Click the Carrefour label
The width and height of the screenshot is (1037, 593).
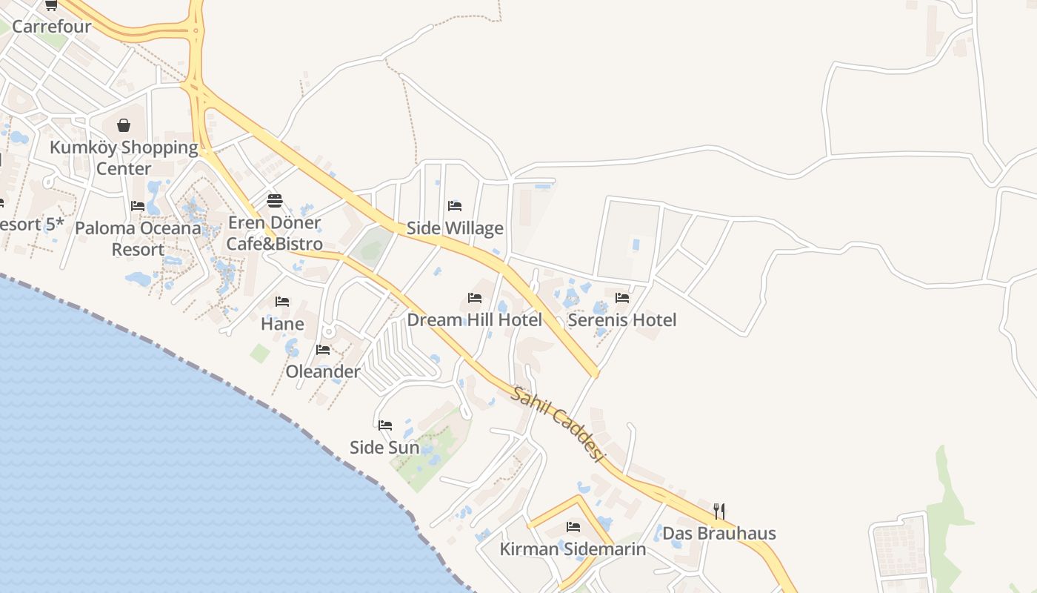coord(52,27)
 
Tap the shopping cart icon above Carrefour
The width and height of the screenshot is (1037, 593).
coord(51,5)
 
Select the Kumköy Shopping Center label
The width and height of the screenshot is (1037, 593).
coord(124,158)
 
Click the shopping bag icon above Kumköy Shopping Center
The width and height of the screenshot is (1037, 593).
coord(124,125)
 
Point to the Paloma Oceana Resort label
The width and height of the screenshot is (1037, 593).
coord(138,238)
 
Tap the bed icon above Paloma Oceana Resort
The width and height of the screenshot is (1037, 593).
coord(138,205)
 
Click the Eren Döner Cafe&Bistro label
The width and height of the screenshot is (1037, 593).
coord(275,233)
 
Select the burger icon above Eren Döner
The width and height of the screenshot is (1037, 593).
coord(275,201)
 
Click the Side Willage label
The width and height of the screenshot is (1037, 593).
coord(455,228)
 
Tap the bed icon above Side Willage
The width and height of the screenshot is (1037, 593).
coord(455,205)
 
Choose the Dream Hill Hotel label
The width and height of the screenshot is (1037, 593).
coord(475,320)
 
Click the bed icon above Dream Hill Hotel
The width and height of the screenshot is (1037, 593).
coord(475,298)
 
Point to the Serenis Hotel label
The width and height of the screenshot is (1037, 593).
coord(622,320)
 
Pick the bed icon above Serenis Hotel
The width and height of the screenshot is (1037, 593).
coord(622,298)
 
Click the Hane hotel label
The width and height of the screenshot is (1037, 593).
coord(282,324)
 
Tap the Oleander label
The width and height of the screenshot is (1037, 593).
coord(323,371)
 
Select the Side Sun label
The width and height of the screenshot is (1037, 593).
coord(384,448)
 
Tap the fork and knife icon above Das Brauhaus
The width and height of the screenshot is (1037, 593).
coord(718,511)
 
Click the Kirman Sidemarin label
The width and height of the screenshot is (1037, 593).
coord(573,549)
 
